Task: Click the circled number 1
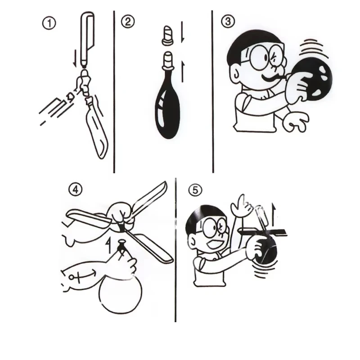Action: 49,23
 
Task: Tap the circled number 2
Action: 128,22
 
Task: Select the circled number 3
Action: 228,21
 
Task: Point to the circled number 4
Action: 75,189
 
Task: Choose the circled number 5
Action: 195,189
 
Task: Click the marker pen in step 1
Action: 87,39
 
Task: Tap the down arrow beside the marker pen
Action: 75,58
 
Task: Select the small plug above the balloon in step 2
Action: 168,35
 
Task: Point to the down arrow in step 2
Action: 183,32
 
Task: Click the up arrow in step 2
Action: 183,71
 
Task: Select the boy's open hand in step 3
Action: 296,122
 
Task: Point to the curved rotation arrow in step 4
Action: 83,275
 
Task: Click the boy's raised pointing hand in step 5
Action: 241,206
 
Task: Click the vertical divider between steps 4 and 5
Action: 175,250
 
